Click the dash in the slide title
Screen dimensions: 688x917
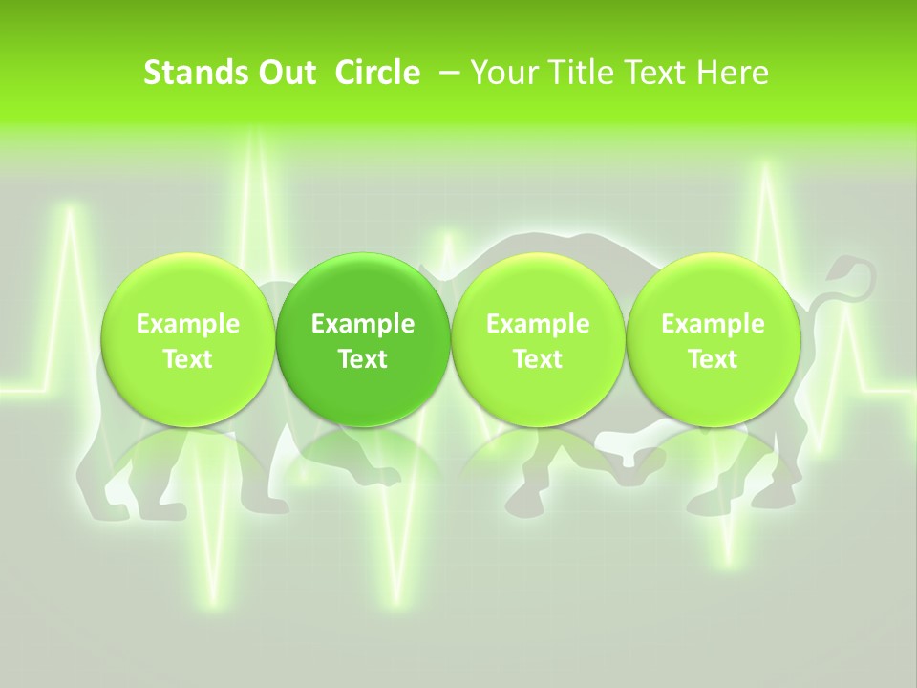pos(447,73)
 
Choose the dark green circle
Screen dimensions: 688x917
pos(363,340)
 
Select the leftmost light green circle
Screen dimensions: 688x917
pos(187,340)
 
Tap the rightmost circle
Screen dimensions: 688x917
pos(713,340)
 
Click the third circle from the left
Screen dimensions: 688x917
pos(538,340)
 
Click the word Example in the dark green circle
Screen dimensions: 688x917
pos(363,324)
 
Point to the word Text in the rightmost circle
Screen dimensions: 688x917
pos(713,359)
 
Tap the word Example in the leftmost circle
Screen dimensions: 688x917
pos(187,324)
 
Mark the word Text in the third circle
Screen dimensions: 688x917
pos(538,359)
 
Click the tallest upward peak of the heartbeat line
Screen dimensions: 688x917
pos(255,134)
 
